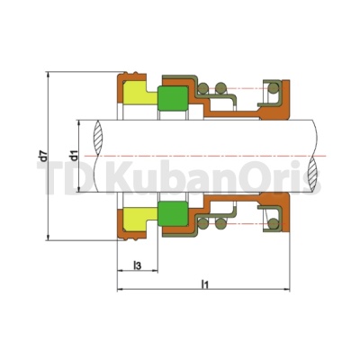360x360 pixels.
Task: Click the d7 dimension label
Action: [44, 157]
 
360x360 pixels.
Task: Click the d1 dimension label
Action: [74, 157]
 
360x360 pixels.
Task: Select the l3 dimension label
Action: [137, 265]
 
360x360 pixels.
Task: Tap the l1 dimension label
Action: [205, 283]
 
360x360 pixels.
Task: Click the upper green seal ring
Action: [173, 99]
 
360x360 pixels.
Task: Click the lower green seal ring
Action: [173, 213]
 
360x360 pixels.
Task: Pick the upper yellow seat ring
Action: [138, 93]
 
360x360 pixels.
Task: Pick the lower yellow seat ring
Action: [138, 220]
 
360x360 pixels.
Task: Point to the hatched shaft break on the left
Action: [99, 138]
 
